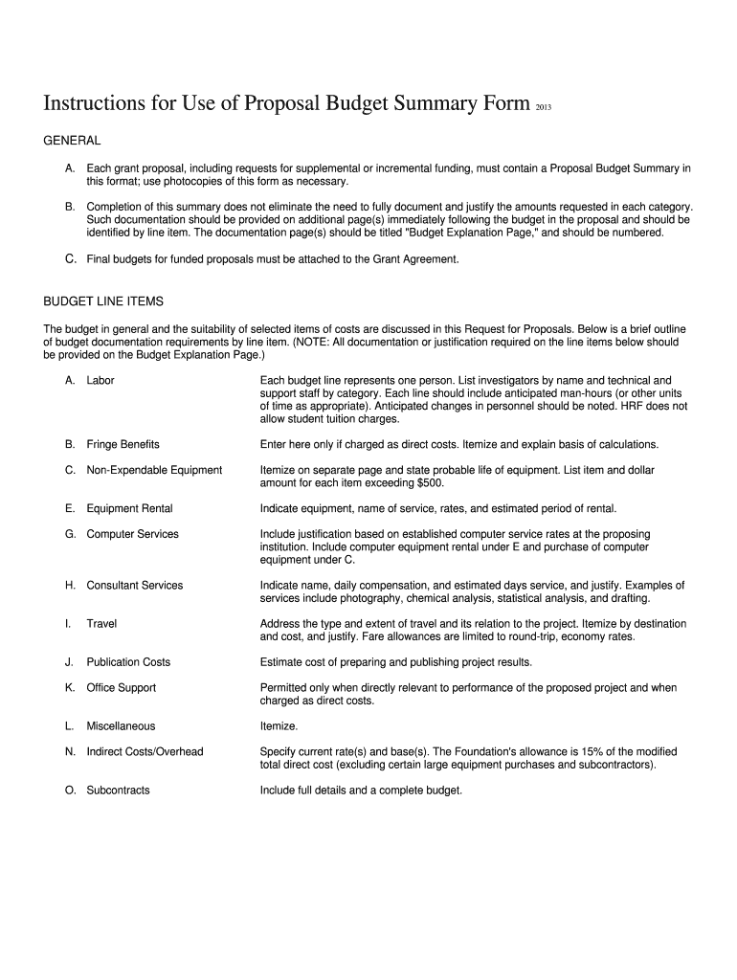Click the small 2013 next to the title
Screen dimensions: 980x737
tap(542, 107)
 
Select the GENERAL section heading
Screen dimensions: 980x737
tap(73, 141)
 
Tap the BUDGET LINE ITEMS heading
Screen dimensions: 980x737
tap(104, 301)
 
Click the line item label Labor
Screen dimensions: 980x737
tap(100, 380)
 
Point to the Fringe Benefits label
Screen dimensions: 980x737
tap(123, 444)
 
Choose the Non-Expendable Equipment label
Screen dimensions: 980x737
tap(154, 470)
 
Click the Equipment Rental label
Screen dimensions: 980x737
tap(129, 508)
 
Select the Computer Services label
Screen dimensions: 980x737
tap(132, 534)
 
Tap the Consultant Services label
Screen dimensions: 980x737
tap(134, 585)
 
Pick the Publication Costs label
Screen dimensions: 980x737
tap(128, 661)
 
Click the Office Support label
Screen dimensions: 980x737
tap(121, 687)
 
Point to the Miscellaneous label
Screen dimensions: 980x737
tap(121, 725)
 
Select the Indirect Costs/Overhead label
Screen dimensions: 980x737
tap(145, 751)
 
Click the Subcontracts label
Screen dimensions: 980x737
tap(118, 791)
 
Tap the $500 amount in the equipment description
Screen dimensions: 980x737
tap(431, 482)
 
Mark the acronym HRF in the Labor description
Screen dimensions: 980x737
tap(624, 406)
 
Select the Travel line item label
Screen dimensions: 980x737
tap(101, 623)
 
